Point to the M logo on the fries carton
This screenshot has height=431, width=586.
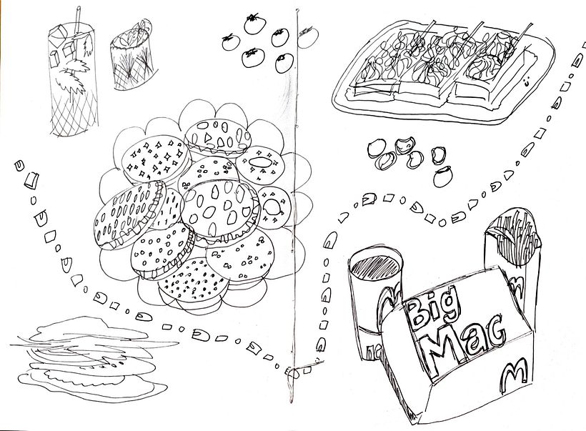click(516, 280)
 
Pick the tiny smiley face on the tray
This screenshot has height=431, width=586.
click(528, 84)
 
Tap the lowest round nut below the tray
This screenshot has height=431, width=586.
click(445, 174)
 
